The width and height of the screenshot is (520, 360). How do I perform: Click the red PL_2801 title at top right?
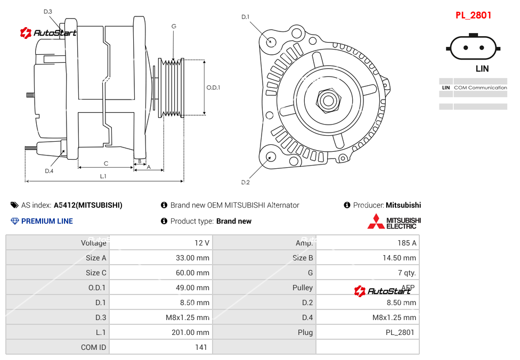[473, 15]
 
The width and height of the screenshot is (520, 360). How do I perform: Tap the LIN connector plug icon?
[474, 47]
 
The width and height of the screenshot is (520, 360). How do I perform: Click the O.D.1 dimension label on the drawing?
[213, 87]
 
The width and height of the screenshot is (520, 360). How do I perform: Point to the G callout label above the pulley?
[174, 26]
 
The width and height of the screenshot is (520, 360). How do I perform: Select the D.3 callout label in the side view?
[48, 11]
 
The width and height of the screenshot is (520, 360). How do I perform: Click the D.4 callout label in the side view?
[49, 171]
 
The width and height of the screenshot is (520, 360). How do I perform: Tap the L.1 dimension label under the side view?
[103, 176]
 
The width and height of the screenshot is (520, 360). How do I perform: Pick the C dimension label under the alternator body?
[105, 163]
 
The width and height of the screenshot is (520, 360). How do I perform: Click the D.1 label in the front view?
[245, 17]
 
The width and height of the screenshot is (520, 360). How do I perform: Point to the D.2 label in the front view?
[245, 183]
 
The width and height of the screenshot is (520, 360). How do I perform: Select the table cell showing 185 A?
[407, 243]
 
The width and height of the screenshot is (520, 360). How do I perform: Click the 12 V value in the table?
[201, 243]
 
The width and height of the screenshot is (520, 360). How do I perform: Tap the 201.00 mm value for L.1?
[192, 332]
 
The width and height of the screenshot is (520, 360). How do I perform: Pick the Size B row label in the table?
[303, 258]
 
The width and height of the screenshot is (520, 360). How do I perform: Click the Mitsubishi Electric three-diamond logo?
[376, 222]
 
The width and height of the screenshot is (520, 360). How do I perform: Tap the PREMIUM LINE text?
[47, 221]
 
